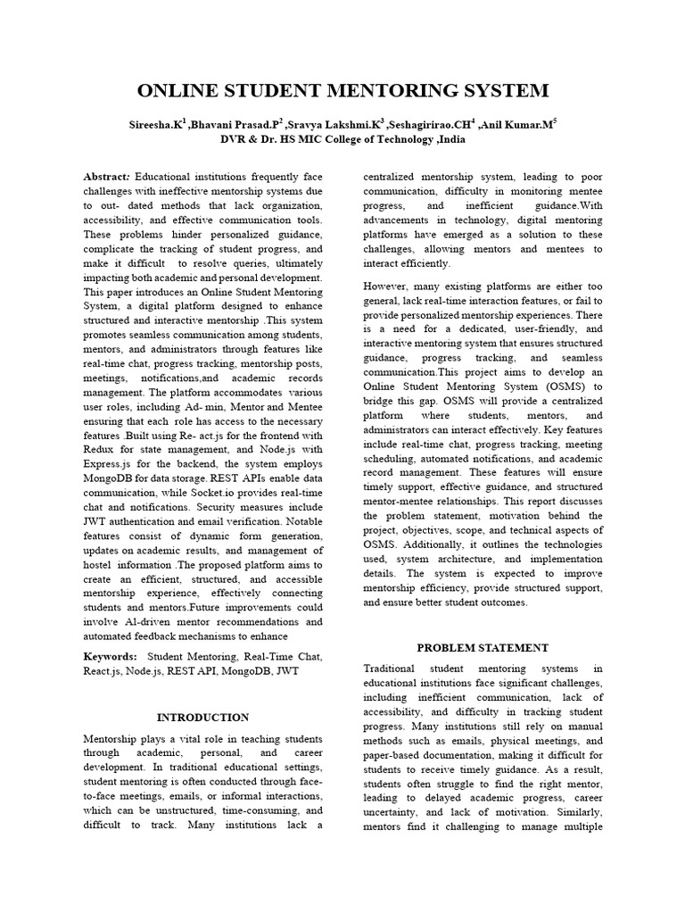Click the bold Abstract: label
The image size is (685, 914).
pyautogui.click(x=107, y=178)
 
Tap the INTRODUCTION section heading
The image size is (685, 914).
pyautogui.click(x=202, y=717)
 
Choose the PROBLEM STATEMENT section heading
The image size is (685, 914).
pyautogui.click(x=483, y=647)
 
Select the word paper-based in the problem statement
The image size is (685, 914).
pyautogui.click(x=395, y=755)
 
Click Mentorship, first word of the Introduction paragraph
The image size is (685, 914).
pyautogui.click(x=111, y=739)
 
